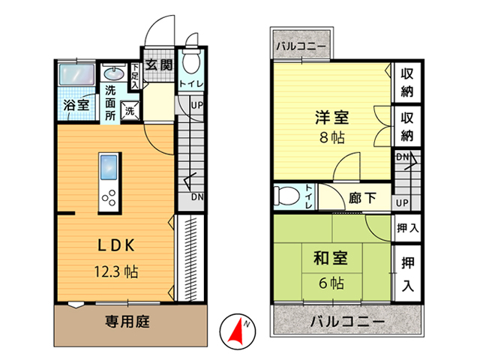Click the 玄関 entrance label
[x=159, y=65]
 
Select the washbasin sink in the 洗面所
[x=114, y=73]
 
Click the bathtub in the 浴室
[x=76, y=74]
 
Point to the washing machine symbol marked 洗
[x=130, y=110]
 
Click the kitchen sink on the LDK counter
[x=109, y=167]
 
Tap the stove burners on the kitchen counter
[x=109, y=198]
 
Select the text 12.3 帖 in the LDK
[x=116, y=271]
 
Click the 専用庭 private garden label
[x=127, y=322]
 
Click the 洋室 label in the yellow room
[x=332, y=117]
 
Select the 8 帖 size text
[x=332, y=138]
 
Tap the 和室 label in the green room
[x=331, y=258]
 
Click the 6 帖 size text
[x=331, y=283]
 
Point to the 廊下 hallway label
[x=362, y=198]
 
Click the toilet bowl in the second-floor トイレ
[x=286, y=196]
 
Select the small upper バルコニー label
[x=301, y=46]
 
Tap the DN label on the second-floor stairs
[x=403, y=157]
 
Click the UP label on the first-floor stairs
[x=196, y=106]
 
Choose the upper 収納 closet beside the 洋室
[x=407, y=82]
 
